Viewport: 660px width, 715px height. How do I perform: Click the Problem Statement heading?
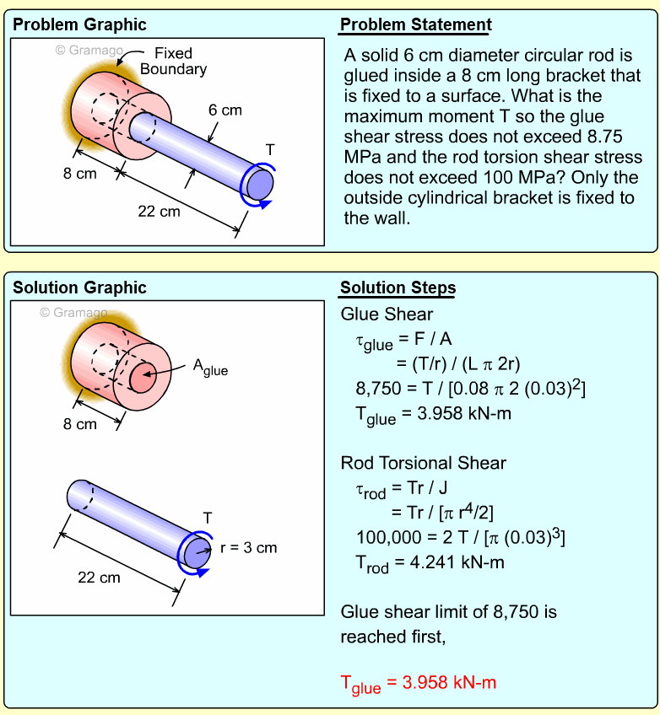(415, 25)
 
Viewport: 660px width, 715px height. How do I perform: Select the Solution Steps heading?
(398, 288)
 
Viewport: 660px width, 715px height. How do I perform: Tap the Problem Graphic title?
(79, 25)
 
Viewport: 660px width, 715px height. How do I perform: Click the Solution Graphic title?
(79, 288)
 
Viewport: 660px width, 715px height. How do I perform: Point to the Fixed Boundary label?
(173, 61)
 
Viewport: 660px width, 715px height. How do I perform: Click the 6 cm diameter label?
(225, 110)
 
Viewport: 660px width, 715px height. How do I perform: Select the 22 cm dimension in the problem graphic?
(159, 212)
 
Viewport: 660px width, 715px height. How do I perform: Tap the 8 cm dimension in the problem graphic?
(79, 174)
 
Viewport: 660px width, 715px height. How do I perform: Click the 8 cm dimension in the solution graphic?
(80, 424)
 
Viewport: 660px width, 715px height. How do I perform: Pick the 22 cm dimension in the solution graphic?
(99, 578)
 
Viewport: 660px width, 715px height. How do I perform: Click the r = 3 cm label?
(248, 548)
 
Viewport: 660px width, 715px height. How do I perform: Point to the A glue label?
(210, 367)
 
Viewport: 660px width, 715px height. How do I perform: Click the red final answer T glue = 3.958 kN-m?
(418, 684)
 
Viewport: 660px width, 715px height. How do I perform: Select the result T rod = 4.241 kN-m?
(422, 563)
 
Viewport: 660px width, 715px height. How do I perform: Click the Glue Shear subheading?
(387, 314)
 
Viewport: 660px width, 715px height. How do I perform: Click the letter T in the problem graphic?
(270, 149)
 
